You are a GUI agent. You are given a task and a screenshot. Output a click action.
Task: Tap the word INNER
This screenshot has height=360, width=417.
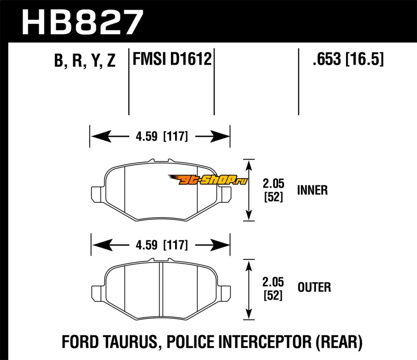pos(312,190)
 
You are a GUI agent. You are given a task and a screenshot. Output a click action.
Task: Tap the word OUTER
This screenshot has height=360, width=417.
pos(314,287)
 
